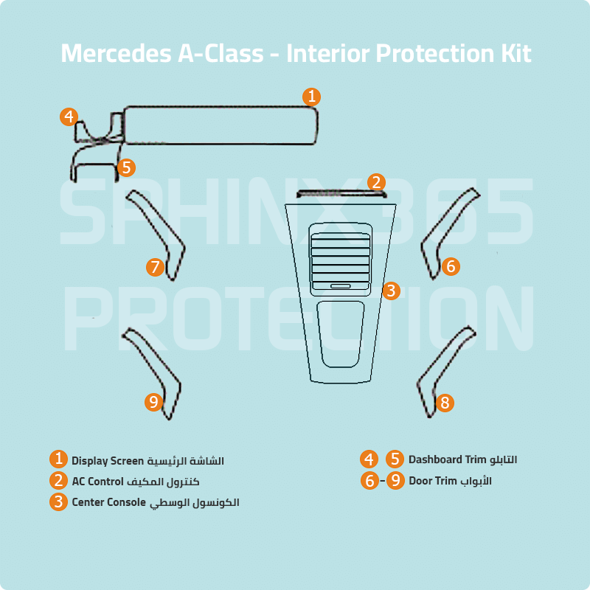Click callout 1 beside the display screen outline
click(x=312, y=97)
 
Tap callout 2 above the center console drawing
click(x=376, y=182)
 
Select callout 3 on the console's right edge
click(x=391, y=291)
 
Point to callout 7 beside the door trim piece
click(x=155, y=267)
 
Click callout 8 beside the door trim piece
click(x=444, y=403)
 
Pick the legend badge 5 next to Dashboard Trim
click(x=395, y=459)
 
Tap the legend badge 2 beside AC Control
click(x=59, y=481)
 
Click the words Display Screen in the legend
click(x=106, y=461)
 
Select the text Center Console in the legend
click(x=108, y=502)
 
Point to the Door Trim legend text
click(x=433, y=481)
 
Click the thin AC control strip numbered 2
click(x=341, y=195)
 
